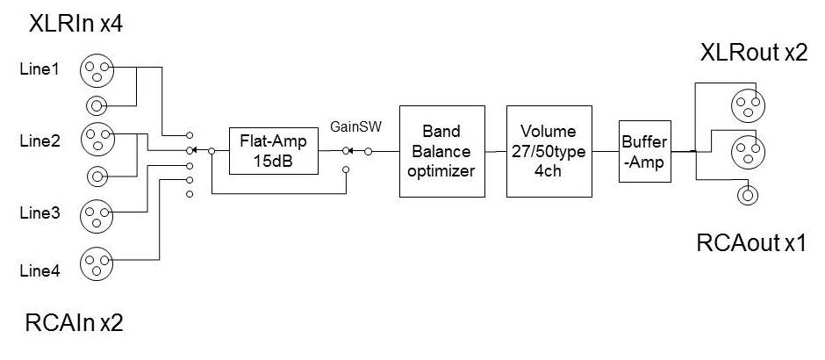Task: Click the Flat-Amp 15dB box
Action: (x=272, y=151)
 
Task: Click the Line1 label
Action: (x=39, y=69)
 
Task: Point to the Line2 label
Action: (x=39, y=140)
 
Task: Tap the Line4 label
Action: (x=39, y=271)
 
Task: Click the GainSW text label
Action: (x=350, y=126)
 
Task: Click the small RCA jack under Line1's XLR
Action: (x=96, y=106)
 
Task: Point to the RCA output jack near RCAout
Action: (x=748, y=195)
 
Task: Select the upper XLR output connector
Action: (x=747, y=106)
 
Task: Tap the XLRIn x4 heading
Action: (x=75, y=24)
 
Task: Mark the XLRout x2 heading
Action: (x=752, y=53)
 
